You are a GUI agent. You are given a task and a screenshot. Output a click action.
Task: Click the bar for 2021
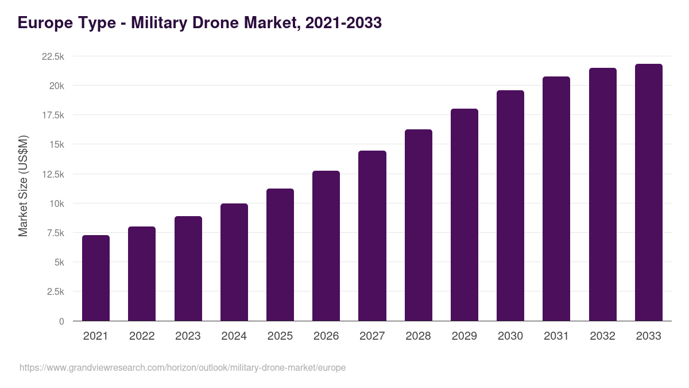tap(96, 278)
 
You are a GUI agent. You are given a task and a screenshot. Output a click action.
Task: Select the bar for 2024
tap(234, 262)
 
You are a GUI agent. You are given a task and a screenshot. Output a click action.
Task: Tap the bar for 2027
tap(372, 236)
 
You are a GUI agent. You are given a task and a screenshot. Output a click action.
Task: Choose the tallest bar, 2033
tap(649, 193)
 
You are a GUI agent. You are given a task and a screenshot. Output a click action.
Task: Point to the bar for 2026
tap(326, 246)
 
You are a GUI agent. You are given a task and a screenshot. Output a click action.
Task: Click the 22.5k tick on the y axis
tap(53, 56)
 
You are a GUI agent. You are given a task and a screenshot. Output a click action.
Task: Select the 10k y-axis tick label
tap(56, 203)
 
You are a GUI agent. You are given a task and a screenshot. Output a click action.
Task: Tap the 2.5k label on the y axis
tap(55, 292)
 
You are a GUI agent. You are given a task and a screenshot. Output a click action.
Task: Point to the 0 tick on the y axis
tap(61, 321)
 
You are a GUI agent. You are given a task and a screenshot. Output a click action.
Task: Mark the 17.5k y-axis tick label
tap(53, 116)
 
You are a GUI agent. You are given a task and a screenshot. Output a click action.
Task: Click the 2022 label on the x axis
tap(142, 336)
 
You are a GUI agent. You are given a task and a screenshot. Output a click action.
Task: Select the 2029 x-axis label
tap(464, 336)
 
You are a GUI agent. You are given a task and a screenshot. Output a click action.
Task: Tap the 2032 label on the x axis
tap(602, 336)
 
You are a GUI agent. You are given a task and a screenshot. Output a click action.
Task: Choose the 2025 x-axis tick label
tap(280, 336)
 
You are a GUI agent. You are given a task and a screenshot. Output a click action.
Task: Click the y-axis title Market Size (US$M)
tap(23, 186)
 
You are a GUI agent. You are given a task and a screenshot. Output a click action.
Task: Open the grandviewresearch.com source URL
tap(183, 367)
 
